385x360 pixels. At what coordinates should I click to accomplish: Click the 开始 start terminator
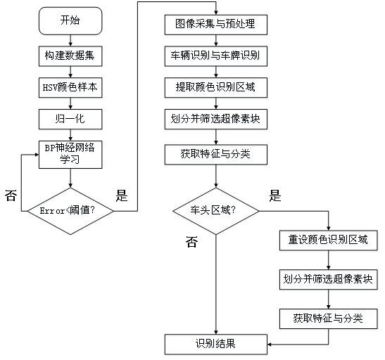tap(70, 20)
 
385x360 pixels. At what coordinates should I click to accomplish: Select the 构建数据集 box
tap(70, 56)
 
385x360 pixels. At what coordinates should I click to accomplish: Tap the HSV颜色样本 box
tap(70, 88)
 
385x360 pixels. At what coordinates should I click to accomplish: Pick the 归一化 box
tap(70, 120)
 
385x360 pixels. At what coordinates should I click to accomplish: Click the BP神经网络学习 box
tap(70, 155)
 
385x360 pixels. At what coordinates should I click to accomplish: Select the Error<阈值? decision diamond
tap(70, 211)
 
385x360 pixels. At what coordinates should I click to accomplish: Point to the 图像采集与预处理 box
tap(216, 25)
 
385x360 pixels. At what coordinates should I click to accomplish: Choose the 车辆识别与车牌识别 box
tap(216, 56)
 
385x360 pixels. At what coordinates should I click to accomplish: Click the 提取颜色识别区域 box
tap(216, 88)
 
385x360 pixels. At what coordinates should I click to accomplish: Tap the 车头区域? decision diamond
tap(216, 211)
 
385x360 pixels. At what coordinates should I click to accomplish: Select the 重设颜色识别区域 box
tap(328, 240)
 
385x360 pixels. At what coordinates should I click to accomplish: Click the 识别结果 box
tap(216, 345)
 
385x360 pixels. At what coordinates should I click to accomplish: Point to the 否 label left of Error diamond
tap(11, 195)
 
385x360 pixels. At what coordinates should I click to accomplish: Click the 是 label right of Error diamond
tap(122, 195)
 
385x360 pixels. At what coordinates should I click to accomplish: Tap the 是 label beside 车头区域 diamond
tap(275, 195)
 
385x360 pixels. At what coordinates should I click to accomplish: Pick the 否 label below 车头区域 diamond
tap(191, 242)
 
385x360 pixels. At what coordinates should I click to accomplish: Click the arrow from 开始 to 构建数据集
tap(70, 40)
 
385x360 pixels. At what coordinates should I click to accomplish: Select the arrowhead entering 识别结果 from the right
tap(269, 345)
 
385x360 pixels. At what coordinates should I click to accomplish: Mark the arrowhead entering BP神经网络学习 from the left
tap(37, 155)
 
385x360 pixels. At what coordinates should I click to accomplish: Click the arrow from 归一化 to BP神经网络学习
tap(70, 135)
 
